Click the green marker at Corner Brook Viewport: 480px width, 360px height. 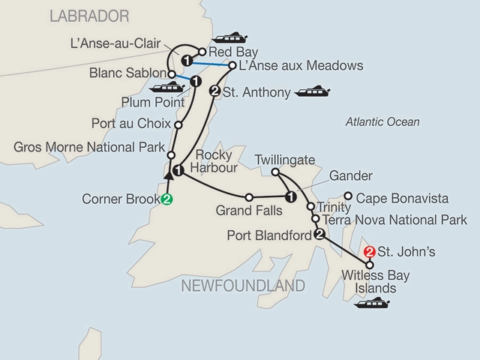click(166, 199)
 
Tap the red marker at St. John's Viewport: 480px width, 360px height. click(368, 252)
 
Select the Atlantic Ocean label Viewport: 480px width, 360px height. click(382, 121)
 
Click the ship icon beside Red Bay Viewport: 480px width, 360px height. click(231, 37)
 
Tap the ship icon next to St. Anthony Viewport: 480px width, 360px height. click(312, 93)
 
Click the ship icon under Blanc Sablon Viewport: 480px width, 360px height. click(164, 88)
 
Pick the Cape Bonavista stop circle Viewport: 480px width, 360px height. click(348, 199)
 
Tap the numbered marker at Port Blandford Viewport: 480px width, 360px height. click(319, 235)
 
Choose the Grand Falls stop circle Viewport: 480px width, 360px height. click(249, 198)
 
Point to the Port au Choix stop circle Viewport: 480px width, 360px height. click(178, 124)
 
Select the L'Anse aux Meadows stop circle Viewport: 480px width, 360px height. click(232, 66)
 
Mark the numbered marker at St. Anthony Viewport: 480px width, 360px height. click(215, 92)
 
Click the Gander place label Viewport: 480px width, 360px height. click(351, 175)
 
